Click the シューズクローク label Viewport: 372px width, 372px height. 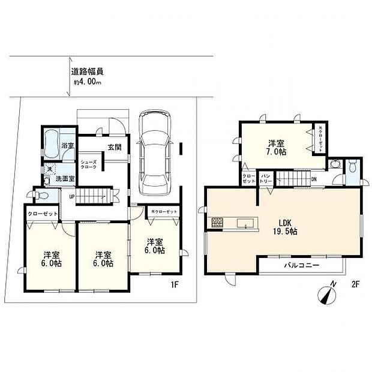pyautogui.click(x=89, y=165)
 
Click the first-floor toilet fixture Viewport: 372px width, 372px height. pyautogui.click(x=40, y=196)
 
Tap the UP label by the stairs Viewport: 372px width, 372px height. pyautogui.click(x=72, y=196)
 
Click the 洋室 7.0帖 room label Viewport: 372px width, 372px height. pyautogui.click(x=276, y=148)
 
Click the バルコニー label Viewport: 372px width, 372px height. pyautogui.click(x=301, y=265)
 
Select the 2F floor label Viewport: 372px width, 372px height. pyautogui.click(x=355, y=286)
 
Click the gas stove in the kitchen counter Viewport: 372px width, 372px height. pyautogui.click(x=217, y=224)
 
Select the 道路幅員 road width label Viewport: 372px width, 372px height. pyautogui.click(x=86, y=71)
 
